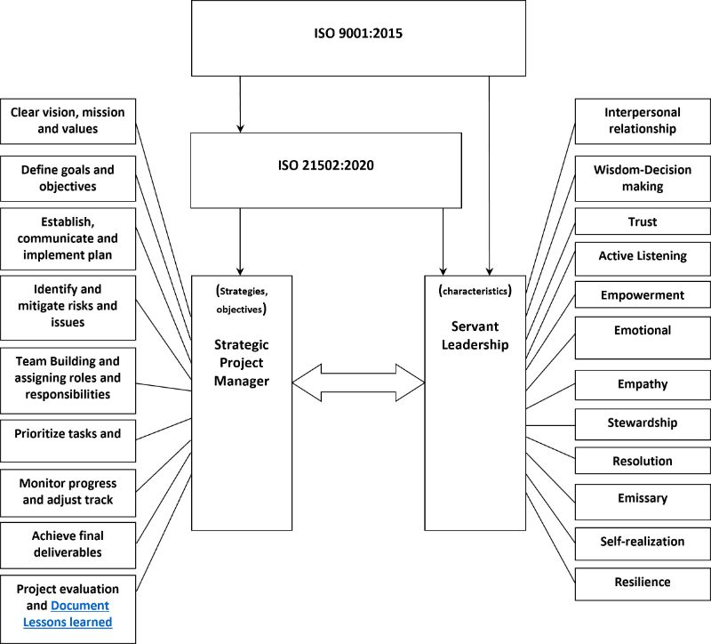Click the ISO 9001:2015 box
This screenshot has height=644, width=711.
358,38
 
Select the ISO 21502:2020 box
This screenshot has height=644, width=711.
326,171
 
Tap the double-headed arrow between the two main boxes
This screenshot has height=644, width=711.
358,382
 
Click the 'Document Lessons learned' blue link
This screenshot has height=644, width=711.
68,614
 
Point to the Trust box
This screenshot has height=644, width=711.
643,221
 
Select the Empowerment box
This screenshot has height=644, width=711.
643,295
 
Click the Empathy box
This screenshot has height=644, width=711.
643,385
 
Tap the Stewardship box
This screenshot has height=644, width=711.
643,424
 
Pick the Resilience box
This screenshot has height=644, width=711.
643,584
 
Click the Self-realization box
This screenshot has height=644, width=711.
643,543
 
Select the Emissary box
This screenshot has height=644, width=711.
643,502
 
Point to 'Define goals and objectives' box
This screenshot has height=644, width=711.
68,179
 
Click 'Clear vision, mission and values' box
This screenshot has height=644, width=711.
68,121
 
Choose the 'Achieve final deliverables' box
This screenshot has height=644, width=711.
68,545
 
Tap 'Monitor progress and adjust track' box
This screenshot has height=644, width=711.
68,493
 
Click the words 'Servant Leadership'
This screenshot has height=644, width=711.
475,335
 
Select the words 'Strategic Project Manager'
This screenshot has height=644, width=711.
241,363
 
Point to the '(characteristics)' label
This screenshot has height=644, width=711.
475,291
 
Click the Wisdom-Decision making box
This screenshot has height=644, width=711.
643,179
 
